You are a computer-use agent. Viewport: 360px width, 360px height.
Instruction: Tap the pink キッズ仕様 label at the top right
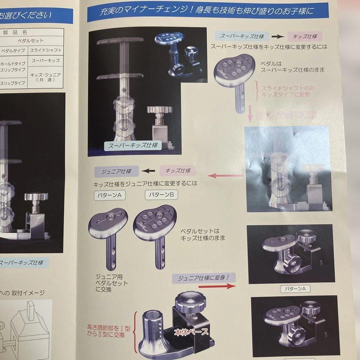click(302, 36)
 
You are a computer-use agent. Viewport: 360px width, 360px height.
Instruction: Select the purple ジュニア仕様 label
click(117, 172)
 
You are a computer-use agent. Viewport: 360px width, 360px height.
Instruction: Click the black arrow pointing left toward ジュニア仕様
click(149, 171)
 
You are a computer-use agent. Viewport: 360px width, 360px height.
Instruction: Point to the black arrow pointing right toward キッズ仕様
click(278, 36)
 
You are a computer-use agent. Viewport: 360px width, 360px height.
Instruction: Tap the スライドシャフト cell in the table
click(45, 50)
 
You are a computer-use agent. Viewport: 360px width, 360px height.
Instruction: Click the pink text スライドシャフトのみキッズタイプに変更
click(287, 91)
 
